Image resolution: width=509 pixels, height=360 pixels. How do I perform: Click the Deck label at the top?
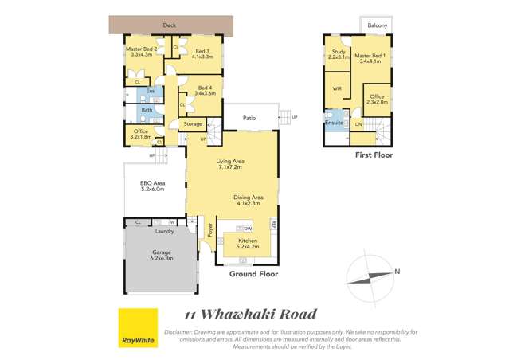(x=169, y=25)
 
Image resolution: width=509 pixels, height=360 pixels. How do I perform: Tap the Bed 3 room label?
(x=202, y=54)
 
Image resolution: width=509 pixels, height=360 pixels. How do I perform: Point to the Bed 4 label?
(x=205, y=90)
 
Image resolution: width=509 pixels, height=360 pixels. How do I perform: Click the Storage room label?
(x=193, y=124)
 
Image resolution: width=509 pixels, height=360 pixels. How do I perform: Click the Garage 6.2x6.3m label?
(x=161, y=256)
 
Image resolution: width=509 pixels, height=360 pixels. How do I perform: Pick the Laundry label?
(x=165, y=232)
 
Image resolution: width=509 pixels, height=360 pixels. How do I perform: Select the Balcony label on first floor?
(x=378, y=26)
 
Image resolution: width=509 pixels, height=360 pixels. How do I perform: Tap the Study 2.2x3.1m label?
(x=337, y=55)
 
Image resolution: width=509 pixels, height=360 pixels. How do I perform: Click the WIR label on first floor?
(x=337, y=88)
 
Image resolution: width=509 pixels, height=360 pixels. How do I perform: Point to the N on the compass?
(x=397, y=272)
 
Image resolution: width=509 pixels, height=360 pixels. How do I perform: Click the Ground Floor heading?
(x=252, y=273)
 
